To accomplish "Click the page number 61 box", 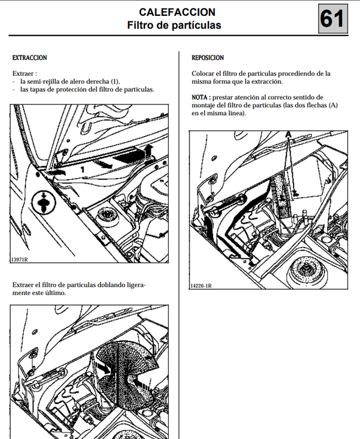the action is [x=333, y=19].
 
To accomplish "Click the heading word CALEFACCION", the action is [x=177, y=12].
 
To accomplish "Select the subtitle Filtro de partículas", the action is [x=174, y=25].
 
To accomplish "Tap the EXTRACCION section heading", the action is [x=30, y=58].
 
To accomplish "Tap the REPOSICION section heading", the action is [x=208, y=58].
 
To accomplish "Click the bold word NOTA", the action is [x=199, y=98].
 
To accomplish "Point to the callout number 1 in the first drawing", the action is [x=82, y=170].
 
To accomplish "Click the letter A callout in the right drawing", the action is [x=288, y=135].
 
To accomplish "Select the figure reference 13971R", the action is [x=19, y=259].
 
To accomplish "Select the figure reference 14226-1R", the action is [x=201, y=286].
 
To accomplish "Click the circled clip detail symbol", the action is [x=44, y=202].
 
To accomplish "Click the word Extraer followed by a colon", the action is [x=24, y=74].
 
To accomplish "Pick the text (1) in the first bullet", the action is [x=115, y=82].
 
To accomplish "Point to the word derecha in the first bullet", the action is [x=98, y=82].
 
